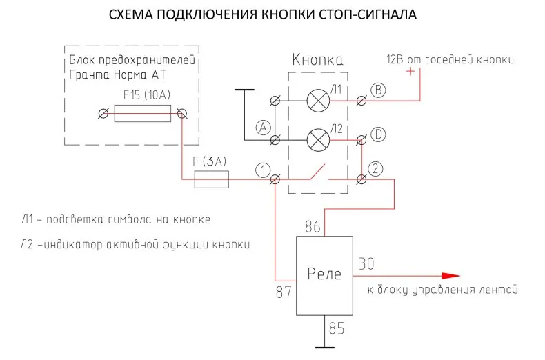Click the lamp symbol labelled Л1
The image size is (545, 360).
318,101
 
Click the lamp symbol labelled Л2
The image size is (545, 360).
318,140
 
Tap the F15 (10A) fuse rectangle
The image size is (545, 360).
143,114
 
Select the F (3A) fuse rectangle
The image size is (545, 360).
211,179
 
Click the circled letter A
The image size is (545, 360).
263,128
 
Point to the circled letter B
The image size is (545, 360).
378,90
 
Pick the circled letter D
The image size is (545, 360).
378,134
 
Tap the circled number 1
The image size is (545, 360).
263,170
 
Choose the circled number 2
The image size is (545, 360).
375,169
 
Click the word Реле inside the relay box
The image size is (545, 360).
324,274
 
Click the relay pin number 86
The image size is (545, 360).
313,227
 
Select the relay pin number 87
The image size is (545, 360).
284,292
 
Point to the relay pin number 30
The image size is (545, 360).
366,264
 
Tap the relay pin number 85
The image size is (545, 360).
337,328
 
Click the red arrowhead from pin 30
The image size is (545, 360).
450,276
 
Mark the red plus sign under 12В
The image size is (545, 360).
410,72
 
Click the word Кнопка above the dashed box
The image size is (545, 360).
317,60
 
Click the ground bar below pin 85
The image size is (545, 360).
324,347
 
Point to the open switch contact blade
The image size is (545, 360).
317,171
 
